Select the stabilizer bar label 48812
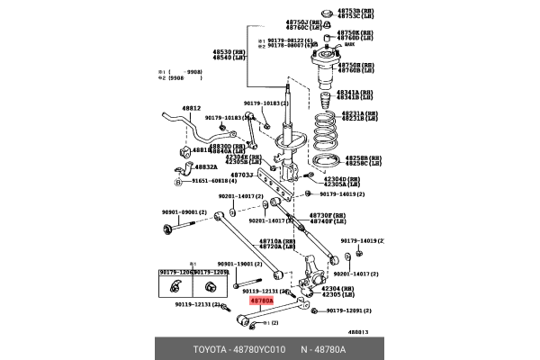[192, 108]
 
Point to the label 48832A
[206, 167]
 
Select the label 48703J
[242, 175]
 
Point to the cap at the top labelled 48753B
[326, 13]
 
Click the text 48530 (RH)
[229, 52]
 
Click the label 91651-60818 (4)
[211, 181]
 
